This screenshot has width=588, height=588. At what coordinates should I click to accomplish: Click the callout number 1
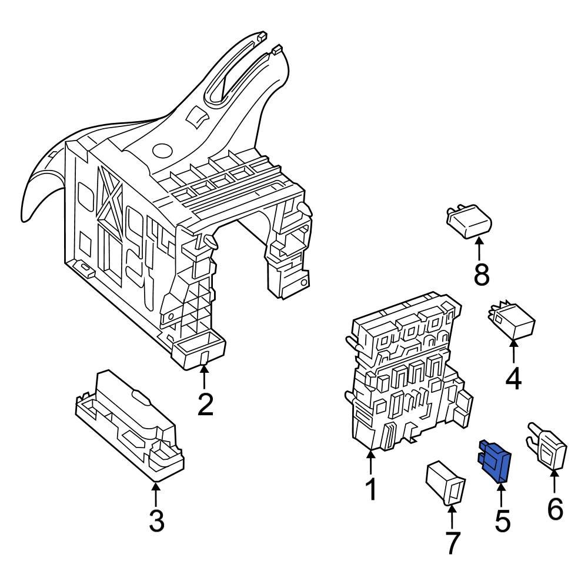[x=370, y=489]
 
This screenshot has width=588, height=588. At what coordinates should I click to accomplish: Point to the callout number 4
[x=513, y=379]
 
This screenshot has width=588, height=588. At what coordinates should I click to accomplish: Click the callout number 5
[x=502, y=520]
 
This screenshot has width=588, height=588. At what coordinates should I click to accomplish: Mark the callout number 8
[x=482, y=274]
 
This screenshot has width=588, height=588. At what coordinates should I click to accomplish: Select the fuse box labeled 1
[x=406, y=376]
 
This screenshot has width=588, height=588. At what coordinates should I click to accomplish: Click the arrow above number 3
[x=156, y=494]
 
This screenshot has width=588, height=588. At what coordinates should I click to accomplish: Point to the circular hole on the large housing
[x=161, y=150]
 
